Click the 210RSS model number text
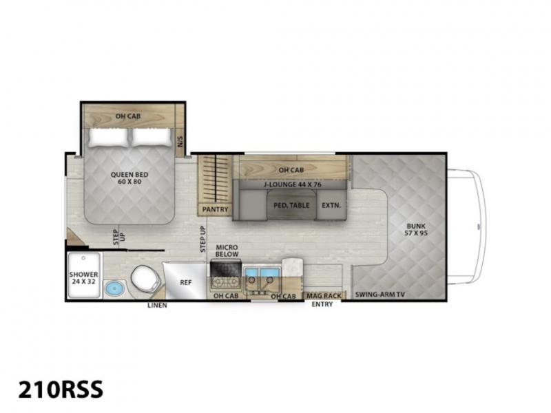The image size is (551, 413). tap(61, 389)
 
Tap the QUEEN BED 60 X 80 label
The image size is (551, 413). tap(129, 178)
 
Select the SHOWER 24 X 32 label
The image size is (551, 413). tap(83, 278)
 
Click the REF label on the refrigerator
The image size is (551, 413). tap(185, 282)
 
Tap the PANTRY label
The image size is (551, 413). tap(215, 209)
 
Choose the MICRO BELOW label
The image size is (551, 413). tap(227, 251)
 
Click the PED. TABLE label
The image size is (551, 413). tap(291, 205)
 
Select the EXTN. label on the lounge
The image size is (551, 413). tap(331, 205)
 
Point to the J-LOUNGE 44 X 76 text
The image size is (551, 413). tap(292, 184)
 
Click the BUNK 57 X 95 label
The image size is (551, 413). tap(416, 229)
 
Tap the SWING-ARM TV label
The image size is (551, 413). tap(380, 295)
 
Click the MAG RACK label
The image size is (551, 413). tap(324, 296)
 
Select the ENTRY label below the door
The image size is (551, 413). tap(322, 304)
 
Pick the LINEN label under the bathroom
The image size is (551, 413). tap(157, 305)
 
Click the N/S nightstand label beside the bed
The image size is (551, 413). tap(180, 141)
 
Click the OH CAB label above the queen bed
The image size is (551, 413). tap(128, 116)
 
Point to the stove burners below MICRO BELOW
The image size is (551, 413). tap(226, 282)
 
